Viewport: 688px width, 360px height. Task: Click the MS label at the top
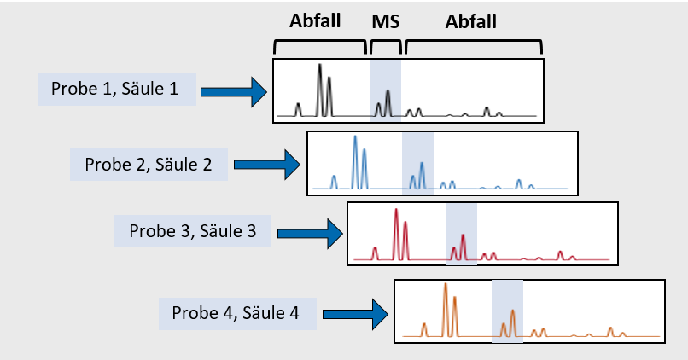(386, 21)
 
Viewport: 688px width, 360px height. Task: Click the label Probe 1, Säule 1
(114, 89)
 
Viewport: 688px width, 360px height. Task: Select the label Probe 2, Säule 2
(149, 165)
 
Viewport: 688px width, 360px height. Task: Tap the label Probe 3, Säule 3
(193, 231)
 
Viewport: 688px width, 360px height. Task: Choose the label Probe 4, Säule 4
(236, 313)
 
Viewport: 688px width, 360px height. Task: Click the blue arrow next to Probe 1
(234, 91)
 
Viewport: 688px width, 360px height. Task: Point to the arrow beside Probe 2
(267, 165)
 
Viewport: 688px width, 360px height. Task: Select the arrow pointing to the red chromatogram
(310, 233)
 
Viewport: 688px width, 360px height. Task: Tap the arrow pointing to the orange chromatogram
(355, 314)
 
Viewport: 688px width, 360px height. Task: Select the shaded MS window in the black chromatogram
(385, 90)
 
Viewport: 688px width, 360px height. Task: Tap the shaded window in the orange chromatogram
(507, 311)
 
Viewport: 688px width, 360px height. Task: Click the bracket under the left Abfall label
(320, 41)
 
